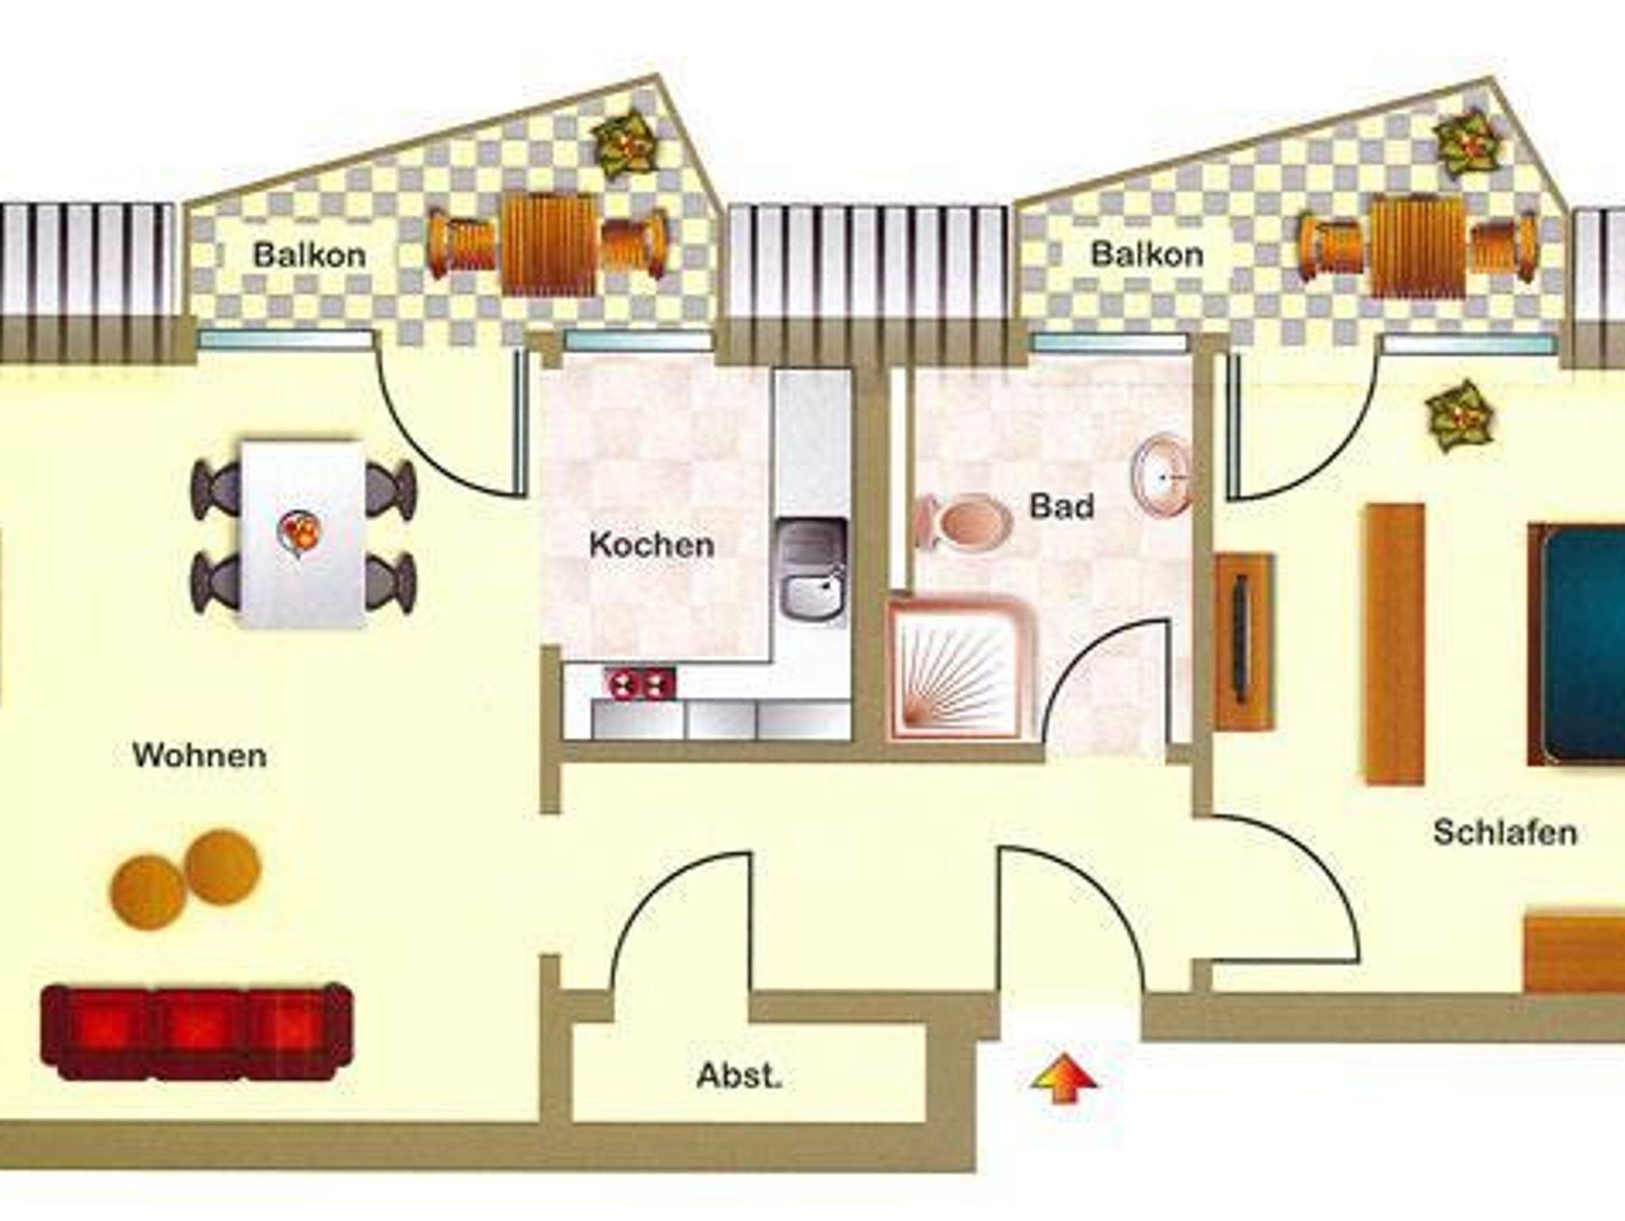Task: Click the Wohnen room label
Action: click(x=199, y=755)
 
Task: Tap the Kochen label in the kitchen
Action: click(x=651, y=545)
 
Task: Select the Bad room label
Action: click(x=1062, y=506)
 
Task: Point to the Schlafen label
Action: click(x=1505, y=833)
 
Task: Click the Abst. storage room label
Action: click(x=740, y=1076)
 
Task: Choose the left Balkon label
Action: click(x=309, y=255)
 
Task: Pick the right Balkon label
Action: click(x=1147, y=254)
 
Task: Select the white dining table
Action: click(x=304, y=534)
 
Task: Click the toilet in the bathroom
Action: click(x=962, y=520)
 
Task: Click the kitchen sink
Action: click(x=812, y=567)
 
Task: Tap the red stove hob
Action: click(x=640, y=684)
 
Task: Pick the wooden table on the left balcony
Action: click(x=548, y=242)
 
